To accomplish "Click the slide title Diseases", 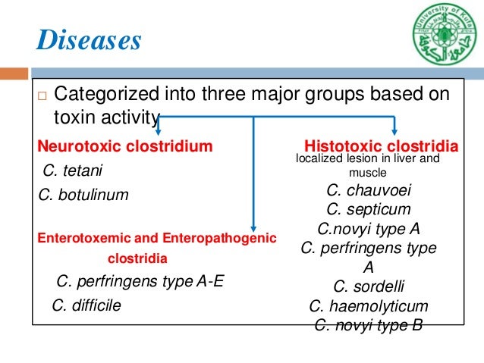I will [x=90, y=39].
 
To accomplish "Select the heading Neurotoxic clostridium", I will [x=125, y=146].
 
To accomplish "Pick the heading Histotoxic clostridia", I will [x=381, y=146].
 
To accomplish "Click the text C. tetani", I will [x=73, y=170].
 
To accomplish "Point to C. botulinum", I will [x=83, y=195].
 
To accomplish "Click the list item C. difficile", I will [x=86, y=305].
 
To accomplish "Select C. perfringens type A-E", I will [x=141, y=282].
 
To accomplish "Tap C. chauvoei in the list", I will [x=369, y=190].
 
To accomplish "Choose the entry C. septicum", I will [x=369, y=209].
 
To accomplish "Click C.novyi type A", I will [x=369, y=228].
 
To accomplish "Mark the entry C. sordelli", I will [x=369, y=286].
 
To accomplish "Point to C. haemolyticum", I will [x=369, y=306].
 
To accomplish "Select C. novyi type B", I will [x=369, y=326].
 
